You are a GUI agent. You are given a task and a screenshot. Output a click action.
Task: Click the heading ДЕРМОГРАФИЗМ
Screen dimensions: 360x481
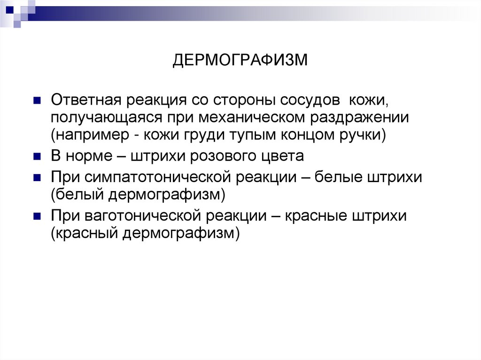240,61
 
